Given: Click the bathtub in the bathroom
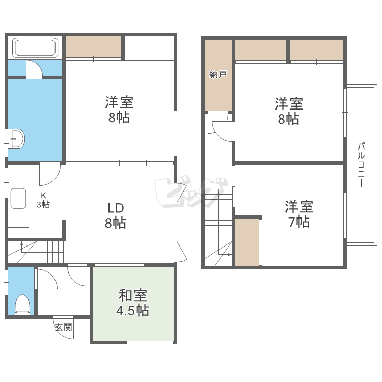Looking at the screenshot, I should click(35, 48).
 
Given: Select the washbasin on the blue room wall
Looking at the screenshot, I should click(16, 139).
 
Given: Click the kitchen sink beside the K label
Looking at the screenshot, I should click(19, 198).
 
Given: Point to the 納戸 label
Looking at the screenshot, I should click(218, 75).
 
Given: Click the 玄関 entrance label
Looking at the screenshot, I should click(64, 327).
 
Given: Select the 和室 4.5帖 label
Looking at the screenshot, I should click(133, 303).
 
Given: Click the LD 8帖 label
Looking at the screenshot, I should click(116, 215).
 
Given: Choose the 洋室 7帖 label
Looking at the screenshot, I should click(299, 214).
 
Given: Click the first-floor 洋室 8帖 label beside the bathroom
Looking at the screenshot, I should click(119, 110).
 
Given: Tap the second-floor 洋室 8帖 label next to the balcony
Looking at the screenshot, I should click(289, 112).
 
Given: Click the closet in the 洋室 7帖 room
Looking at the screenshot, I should click(247, 242).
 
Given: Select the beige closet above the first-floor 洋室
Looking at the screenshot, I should click(93, 47).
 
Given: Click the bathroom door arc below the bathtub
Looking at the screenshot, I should click(34, 70).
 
